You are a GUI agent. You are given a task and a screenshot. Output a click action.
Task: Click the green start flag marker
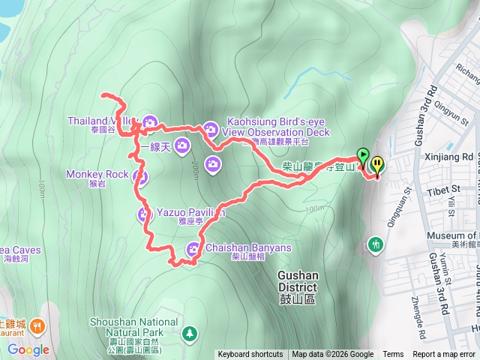(364, 157)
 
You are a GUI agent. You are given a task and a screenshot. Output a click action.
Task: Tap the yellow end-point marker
(376, 163)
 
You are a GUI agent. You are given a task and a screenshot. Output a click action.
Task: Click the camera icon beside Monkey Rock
(139, 177)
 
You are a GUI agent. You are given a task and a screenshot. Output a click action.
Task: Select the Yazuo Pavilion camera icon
(144, 215)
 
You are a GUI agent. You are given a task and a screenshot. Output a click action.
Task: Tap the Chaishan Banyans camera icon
(193, 250)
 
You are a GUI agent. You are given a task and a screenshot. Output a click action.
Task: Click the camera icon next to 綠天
(181, 145)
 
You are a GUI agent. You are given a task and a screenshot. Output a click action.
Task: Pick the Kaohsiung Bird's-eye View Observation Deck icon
(211, 129)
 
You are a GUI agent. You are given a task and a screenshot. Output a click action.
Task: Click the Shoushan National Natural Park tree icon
(190, 332)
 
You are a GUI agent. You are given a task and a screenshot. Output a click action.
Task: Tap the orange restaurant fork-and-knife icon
(37, 326)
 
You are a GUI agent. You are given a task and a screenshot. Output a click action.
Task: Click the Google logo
(28, 349)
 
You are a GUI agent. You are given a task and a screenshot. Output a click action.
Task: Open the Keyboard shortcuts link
(250, 355)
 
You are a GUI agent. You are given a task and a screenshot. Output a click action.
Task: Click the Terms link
(393, 355)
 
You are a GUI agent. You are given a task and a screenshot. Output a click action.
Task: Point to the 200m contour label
(193, 169)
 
